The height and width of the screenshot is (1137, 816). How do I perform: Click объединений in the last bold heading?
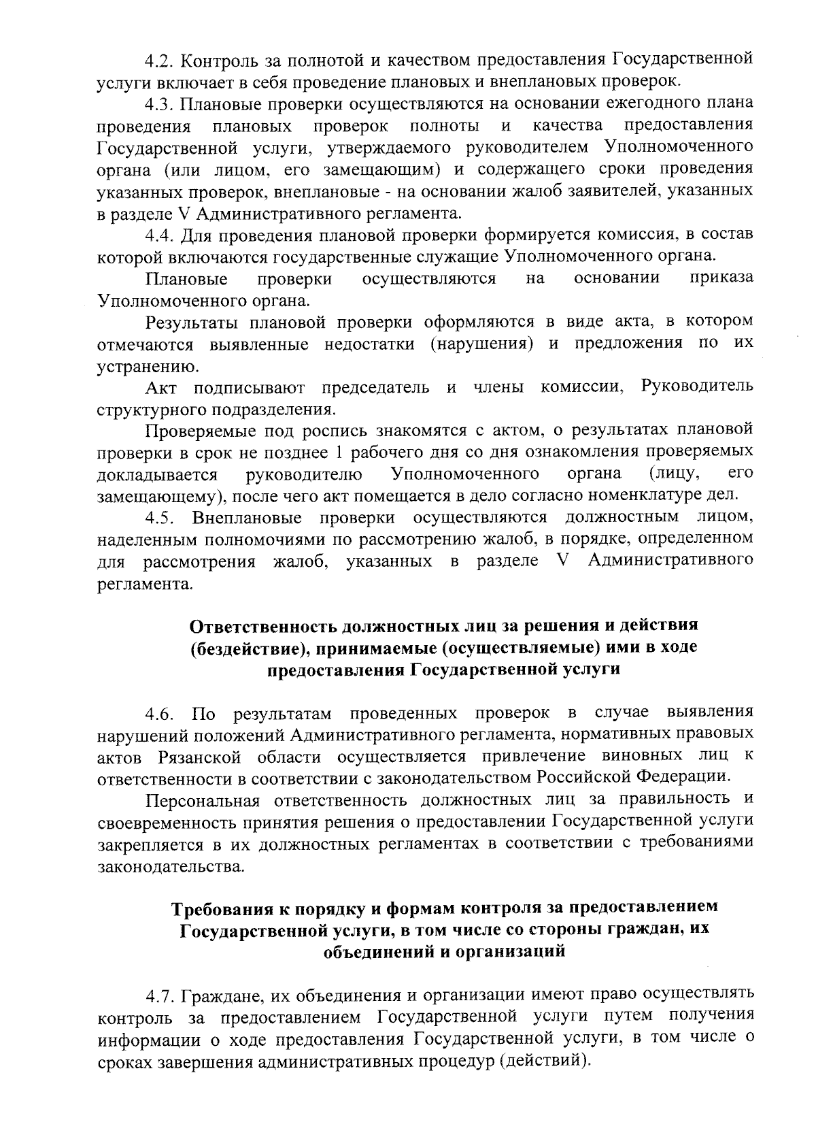pyautogui.click(x=378, y=952)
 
